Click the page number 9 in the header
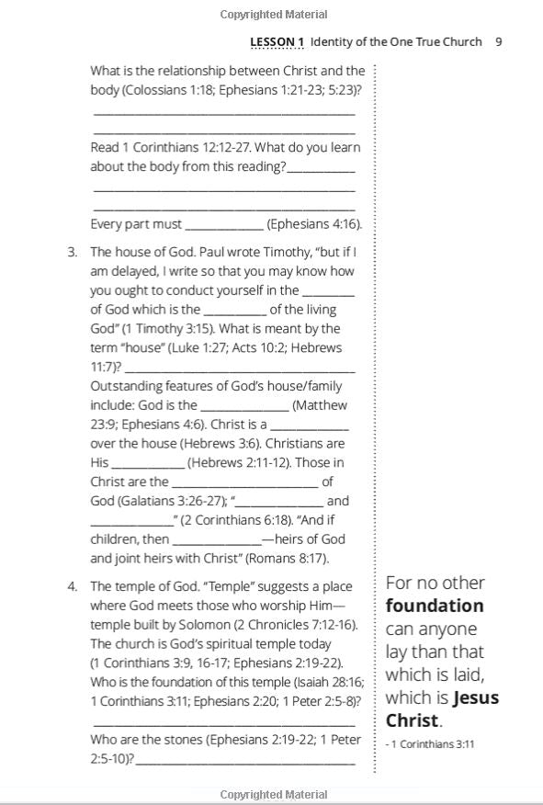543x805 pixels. coord(498,41)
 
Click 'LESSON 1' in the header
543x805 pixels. coord(277,41)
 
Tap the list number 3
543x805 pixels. coord(72,252)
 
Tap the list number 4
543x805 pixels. coord(72,586)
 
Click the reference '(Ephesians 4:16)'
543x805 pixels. coord(313,224)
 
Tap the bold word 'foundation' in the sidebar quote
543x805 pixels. coord(434,606)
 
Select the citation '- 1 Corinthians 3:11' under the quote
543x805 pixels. coord(430,744)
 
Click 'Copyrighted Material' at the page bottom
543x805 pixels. coord(274,795)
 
